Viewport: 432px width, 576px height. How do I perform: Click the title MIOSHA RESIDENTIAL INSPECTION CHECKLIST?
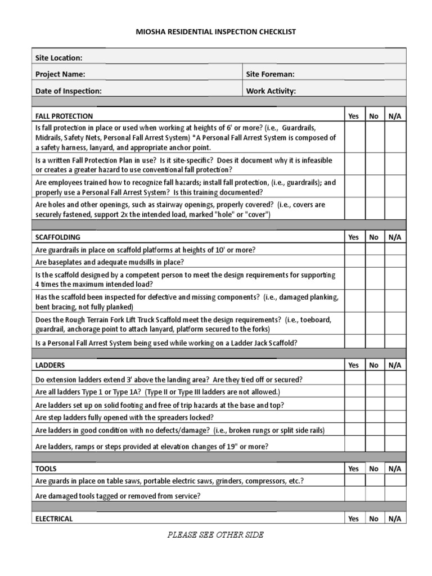(x=215, y=32)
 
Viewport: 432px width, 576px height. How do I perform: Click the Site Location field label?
(x=58, y=57)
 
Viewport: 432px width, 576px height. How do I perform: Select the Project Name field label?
(x=60, y=74)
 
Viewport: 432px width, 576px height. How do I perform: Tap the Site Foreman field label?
(x=270, y=74)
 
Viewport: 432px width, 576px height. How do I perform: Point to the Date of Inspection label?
(x=68, y=91)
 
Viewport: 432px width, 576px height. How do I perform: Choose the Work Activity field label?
(x=271, y=91)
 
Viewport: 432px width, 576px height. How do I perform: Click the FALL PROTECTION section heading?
(x=64, y=116)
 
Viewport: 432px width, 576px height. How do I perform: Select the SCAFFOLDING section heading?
(x=57, y=237)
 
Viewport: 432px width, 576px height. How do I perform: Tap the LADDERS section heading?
(x=50, y=365)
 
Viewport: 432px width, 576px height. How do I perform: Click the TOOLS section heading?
(x=46, y=468)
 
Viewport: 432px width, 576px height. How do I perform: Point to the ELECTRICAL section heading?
(x=54, y=519)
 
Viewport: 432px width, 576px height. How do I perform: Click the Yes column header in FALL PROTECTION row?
(x=353, y=116)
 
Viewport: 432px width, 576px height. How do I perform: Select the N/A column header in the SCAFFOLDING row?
(x=394, y=237)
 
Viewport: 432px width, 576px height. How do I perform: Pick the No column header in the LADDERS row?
(x=373, y=365)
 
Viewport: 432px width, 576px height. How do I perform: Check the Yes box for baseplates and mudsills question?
(x=353, y=262)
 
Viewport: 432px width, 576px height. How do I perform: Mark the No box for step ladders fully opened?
(x=373, y=417)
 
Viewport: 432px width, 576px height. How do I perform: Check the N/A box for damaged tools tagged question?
(x=394, y=496)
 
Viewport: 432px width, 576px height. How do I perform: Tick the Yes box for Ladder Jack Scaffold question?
(x=353, y=343)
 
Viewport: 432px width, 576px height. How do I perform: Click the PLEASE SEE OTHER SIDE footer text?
(x=215, y=535)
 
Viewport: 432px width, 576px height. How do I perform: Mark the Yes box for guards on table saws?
(x=353, y=481)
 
